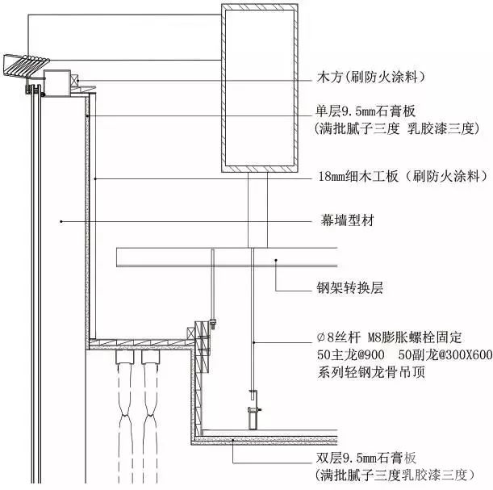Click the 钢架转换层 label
(x=353, y=286)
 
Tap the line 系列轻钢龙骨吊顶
(x=372, y=372)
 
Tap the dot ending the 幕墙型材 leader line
(x=61, y=220)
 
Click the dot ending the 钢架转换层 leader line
(x=276, y=258)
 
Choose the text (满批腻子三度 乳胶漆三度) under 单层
(x=397, y=128)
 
